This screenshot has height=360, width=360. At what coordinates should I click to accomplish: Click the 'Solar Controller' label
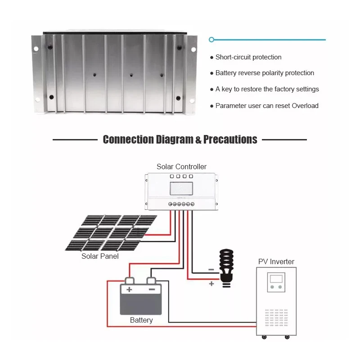click(181, 166)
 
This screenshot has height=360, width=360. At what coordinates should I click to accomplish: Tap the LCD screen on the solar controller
click(181, 188)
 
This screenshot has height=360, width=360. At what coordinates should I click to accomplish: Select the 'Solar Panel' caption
click(100, 256)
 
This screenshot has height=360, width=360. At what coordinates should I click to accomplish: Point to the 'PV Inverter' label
click(276, 261)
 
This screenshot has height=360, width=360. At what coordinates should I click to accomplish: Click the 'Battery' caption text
click(141, 320)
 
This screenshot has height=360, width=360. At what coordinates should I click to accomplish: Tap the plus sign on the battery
click(129, 290)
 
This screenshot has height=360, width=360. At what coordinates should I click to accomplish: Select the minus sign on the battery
click(152, 290)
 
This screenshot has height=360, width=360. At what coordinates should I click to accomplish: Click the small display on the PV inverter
click(275, 279)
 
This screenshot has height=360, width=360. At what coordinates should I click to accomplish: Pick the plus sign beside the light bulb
click(211, 283)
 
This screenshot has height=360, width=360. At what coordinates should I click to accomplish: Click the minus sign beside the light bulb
click(211, 270)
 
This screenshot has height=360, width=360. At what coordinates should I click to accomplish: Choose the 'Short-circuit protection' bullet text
click(248, 57)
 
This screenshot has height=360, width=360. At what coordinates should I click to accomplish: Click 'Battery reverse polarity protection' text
click(265, 73)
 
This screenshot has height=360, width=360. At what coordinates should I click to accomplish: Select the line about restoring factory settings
click(267, 89)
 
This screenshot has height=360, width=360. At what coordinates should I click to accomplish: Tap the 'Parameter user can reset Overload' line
click(267, 106)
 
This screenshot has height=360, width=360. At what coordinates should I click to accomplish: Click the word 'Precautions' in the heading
click(230, 139)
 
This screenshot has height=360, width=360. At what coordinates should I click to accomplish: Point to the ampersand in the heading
click(198, 140)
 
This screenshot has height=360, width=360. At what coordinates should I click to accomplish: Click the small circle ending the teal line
click(211, 40)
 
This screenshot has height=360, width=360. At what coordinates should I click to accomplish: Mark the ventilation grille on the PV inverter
click(276, 317)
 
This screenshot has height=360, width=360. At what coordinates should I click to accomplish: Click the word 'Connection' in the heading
click(128, 139)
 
